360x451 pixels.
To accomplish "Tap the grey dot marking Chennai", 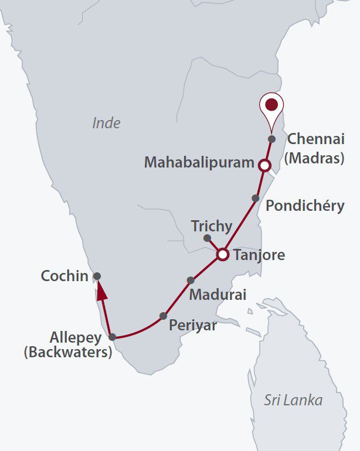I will click(x=271, y=139).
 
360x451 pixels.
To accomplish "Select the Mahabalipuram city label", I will click(x=199, y=162).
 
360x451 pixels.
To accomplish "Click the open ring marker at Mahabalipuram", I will click(x=264, y=166).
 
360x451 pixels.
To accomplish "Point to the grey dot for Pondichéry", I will click(x=256, y=198).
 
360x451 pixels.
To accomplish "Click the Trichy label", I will click(x=212, y=226).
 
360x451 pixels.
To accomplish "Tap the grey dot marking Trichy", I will click(x=207, y=238).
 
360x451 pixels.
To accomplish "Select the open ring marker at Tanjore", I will click(x=222, y=255).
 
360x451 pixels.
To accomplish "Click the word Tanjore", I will click(x=259, y=255).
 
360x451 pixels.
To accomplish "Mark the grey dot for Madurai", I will click(x=190, y=280).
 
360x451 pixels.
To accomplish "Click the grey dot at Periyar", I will click(x=164, y=316).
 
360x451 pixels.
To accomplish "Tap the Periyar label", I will click(x=192, y=326).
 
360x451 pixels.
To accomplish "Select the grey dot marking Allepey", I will click(x=113, y=337).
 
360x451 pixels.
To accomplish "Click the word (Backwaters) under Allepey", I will click(x=67, y=353).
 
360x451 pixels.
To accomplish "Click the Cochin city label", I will click(x=64, y=275).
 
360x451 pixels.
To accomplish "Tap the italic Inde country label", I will click(x=106, y=123).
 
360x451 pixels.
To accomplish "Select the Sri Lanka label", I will click(x=293, y=401).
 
